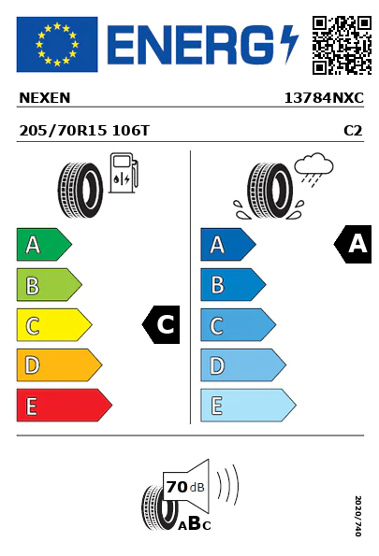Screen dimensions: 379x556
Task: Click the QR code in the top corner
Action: tap(342, 45)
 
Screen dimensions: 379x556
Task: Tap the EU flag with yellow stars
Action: tap(57, 44)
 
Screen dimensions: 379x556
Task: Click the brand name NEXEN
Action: tap(45, 98)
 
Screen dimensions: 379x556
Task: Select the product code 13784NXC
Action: tap(324, 98)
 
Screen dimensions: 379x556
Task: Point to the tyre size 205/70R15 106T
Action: tap(84, 131)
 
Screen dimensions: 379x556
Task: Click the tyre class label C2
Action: tap(353, 131)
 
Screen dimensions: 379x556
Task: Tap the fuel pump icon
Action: tap(124, 173)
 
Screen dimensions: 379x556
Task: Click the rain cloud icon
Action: tap(314, 169)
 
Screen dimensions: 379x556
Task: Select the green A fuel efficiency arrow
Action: tap(44, 244)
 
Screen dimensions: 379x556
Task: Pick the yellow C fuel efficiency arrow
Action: tap(54, 325)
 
